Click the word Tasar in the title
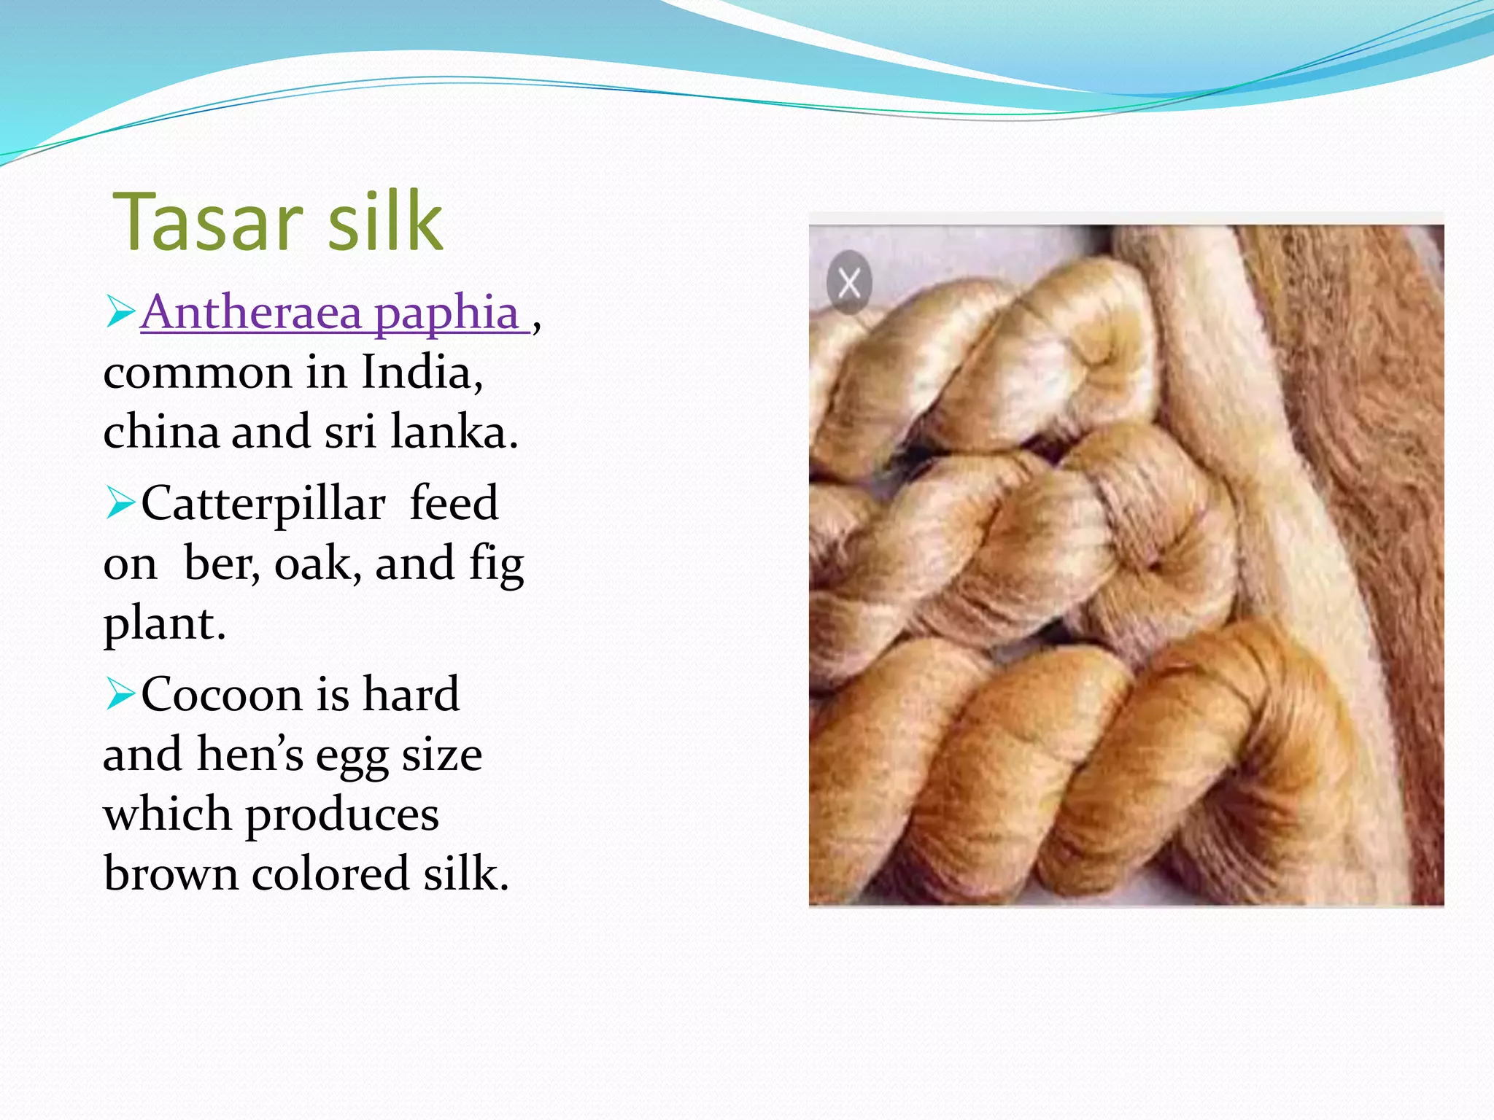pyautogui.click(x=208, y=222)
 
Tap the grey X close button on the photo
pyautogui.click(x=849, y=283)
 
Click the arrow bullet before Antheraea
pyautogui.click(x=120, y=311)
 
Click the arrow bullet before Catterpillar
pyautogui.click(x=120, y=502)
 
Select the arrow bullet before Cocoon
pyautogui.click(x=120, y=693)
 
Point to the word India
pyautogui.click(x=422, y=372)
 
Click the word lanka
pyautogui.click(x=454, y=432)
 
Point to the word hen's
pyautogui.click(x=249, y=754)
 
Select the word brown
pyautogui.click(x=171, y=874)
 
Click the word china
pyautogui.click(x=160, y=432)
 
